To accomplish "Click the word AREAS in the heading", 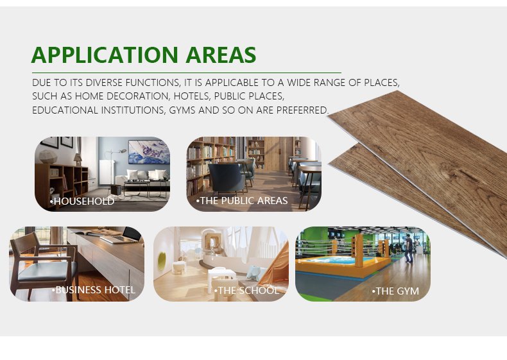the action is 221,55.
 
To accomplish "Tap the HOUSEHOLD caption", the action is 82,201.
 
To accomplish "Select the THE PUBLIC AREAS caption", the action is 242,201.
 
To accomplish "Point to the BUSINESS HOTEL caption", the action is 94,290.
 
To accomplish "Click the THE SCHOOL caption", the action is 246,291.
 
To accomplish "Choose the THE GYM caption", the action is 395,291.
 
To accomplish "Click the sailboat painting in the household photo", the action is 149,152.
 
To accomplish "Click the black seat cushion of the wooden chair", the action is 47,271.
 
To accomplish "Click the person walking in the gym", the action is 409,248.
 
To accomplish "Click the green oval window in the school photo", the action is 162,262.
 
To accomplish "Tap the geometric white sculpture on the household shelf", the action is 48,157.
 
